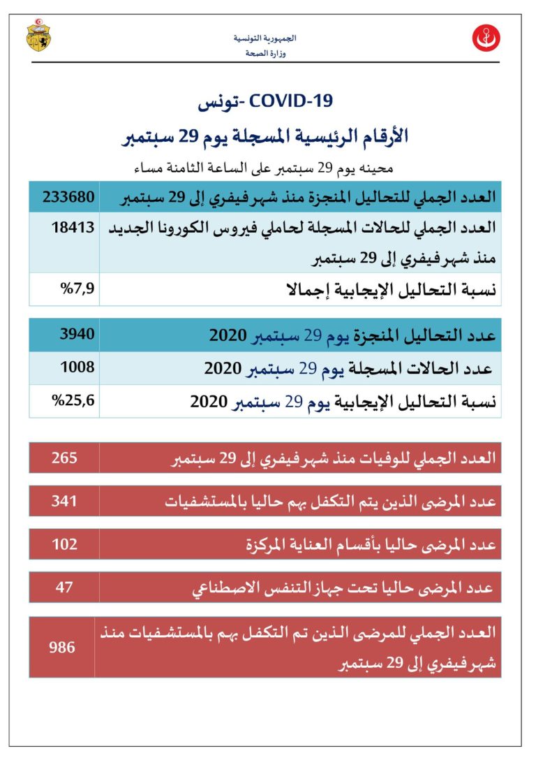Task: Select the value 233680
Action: [69, 196]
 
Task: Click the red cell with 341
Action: [64, 501]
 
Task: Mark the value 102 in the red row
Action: [64, 544]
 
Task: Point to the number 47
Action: [64, 586]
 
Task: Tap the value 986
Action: [61, 647]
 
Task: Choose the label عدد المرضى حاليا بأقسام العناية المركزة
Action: [373, 545]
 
